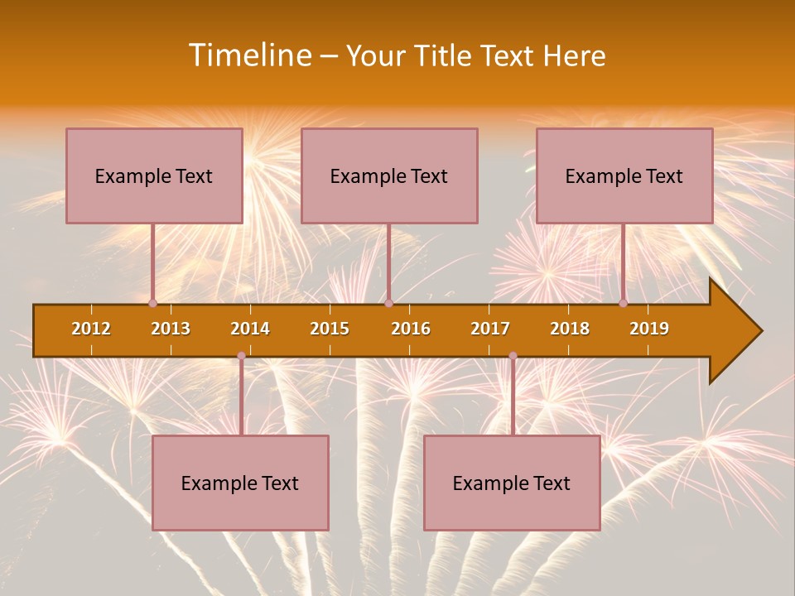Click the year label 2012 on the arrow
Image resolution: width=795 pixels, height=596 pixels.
(x=91, y=329)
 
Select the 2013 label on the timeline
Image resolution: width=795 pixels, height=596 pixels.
(x=171, y=329)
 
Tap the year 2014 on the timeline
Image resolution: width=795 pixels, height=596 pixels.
(x=250, y=329)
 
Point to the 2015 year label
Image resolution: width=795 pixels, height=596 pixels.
(x=330, y=329)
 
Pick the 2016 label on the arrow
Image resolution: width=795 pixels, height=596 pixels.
(x=411, y=329)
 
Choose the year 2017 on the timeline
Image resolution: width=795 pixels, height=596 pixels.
(x=490, y=329)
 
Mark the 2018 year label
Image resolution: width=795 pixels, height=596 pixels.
(x=570, y=329)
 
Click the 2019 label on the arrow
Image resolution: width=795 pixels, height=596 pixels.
(x=649, y=329)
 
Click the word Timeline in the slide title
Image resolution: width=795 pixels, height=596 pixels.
(x=249, y=55)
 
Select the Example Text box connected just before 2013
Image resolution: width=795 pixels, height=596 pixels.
(x=154, y=175)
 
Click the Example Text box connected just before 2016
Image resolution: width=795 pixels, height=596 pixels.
(x=389, y=175)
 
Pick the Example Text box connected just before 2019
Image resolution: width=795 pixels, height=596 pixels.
(x=624, y=175)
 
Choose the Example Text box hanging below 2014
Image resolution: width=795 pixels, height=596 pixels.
(x=240, y=483)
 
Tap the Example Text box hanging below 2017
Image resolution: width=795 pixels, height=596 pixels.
(x=512, y=483)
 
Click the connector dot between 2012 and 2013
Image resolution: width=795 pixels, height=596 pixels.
(x=152, y=304)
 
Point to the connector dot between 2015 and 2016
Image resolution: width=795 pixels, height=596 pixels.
(x=388, y=304)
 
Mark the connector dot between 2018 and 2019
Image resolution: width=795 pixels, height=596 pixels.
(x=624, y=304)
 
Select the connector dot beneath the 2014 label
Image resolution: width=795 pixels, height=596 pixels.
(x=241, y=356)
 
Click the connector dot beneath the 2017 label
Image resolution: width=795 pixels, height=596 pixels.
(x=513, y=356)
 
